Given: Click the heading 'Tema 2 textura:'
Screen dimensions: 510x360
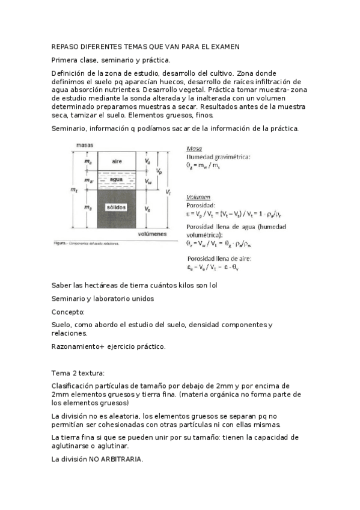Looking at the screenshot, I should click(78, 373).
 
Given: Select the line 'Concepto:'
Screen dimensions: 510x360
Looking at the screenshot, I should click(68, 312).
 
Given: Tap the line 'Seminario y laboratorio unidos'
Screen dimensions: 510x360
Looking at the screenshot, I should click(103, 298).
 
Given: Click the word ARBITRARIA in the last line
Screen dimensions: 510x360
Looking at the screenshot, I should click(123, 459).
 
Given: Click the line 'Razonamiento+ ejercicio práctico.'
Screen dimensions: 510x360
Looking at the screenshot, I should click(108, 347).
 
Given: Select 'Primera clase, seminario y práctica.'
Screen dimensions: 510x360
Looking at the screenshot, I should click(111, 60).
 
